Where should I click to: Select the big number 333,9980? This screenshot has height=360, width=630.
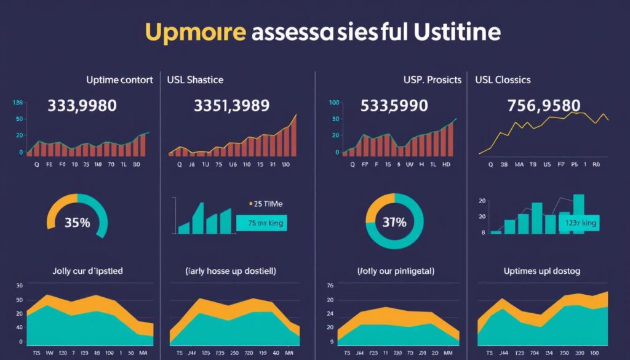tap(82, 105)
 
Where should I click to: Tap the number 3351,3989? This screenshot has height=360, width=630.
tap(231, 105)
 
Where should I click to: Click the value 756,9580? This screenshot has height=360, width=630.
tap(544, 105)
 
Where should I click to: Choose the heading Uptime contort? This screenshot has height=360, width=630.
tap(119, 80)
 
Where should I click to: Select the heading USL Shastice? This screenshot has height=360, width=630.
tap(195, 80)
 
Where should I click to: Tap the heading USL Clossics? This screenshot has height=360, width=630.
tap(503, 80)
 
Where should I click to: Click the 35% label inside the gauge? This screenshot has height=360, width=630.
tap(78, 223)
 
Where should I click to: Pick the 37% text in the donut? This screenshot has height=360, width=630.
tap(394, 223)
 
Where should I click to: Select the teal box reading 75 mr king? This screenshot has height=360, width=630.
tap(261, 223)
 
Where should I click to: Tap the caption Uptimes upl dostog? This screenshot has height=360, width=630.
tap(542, 271)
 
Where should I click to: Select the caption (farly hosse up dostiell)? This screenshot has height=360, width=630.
tap(231, 271)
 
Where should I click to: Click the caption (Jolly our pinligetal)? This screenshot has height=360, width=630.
tap(396, 271)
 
